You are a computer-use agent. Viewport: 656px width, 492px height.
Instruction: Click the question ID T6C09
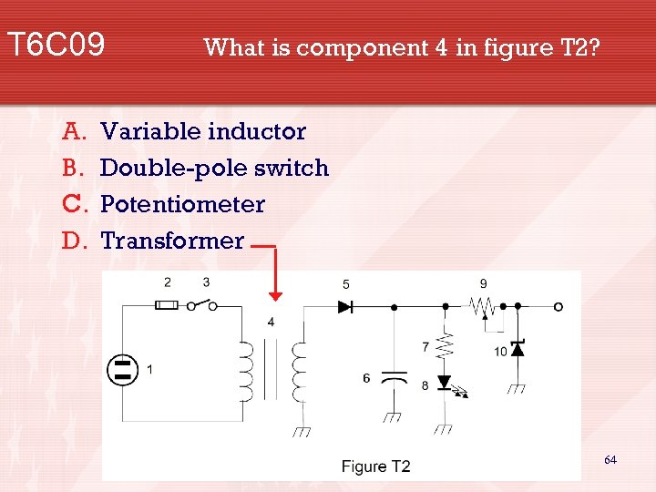(56, 44)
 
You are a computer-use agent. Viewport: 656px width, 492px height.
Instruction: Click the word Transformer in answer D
(172, 241)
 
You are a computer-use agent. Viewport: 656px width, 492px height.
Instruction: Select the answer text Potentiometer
(182, 204)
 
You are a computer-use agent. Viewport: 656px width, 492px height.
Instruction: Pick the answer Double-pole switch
(214, 168)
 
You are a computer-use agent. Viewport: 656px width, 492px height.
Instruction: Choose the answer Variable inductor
(203, 131)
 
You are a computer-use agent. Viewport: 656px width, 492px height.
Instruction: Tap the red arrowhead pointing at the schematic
(276, 293)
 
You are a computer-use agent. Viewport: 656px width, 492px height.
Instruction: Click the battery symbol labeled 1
(122, 369)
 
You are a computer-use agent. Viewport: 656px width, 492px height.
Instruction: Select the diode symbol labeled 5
(345, 307)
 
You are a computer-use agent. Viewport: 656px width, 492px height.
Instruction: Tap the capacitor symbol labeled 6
(394, 376)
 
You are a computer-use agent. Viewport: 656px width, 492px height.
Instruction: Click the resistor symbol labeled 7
(445, 345)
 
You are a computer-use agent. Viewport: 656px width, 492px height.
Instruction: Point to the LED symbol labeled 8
(445, 383)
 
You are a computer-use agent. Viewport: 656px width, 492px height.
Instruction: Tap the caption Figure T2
(375, 466)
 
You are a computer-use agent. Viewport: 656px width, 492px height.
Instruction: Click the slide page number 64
(610, 460)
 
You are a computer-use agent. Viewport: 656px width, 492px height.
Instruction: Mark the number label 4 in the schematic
(271, 322)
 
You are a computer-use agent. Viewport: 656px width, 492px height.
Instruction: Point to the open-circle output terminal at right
(558, 307)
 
